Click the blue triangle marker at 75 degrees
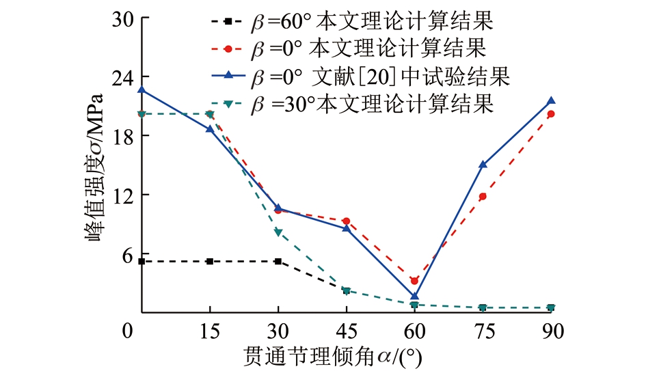coord(483,165)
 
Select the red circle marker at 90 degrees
coord(551,114)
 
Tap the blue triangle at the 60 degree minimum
coord(414,296)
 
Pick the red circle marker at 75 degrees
coord(483,197)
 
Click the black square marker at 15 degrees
coord(210,262)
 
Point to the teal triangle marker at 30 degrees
coord(278,233)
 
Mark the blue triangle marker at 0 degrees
coord(142,90)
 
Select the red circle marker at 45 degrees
coord(346,221)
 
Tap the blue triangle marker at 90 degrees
coord(551,101)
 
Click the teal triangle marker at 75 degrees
coord(483,308)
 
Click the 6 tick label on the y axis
coord(126,253)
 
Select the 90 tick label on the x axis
coord(551,331)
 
